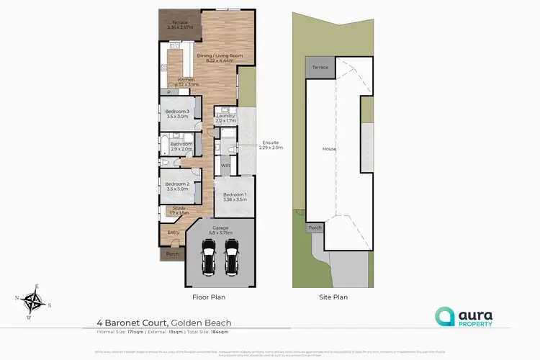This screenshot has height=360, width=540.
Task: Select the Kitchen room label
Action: coord(186,79)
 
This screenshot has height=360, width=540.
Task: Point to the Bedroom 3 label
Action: coord(177,112)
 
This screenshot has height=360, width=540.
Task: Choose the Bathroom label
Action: coord(181,144)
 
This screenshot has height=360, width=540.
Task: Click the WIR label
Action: coord(225,166)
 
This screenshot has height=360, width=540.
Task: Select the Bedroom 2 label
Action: coord(176,184)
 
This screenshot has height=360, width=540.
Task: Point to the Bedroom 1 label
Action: coord(235,195)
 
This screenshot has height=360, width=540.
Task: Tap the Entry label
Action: coord(174,233)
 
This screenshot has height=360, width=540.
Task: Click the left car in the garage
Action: coord(209,258)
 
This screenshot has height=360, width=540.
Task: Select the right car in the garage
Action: coord(231,258)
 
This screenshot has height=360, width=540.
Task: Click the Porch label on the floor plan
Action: coord(172,254)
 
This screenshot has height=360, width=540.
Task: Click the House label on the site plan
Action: coord(329,149)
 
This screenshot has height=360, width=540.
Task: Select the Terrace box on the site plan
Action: coord(319,67)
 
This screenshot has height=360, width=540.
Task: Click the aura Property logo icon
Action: coord(444,315)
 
